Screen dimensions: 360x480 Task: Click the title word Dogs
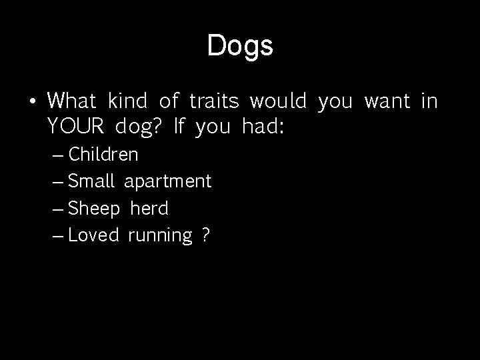[240, 46]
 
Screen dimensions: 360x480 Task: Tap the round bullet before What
[31, 103]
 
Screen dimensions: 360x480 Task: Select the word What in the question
[73, 101]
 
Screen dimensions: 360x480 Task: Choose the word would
[278, 101]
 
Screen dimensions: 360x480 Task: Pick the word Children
[103, 155]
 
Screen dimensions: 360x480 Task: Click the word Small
[93, 181]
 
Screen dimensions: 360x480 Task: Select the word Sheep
[94, 209]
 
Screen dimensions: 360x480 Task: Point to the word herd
[149, 208]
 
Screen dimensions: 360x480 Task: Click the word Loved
[93, 235]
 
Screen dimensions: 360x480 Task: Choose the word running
[159, 236]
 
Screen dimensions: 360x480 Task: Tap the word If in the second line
[178, 125]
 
